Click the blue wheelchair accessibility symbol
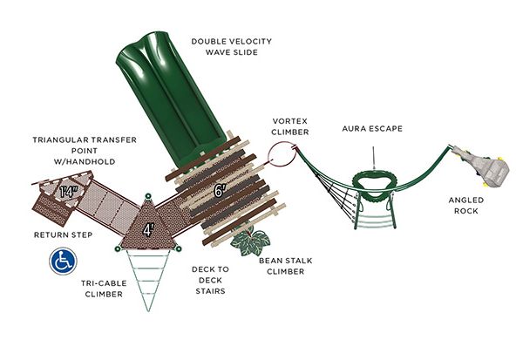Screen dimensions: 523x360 click(63, 262)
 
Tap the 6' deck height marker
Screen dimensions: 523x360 click(219, 191)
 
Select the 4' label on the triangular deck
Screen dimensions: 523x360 click(148, 230)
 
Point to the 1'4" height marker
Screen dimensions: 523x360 click(68, 192)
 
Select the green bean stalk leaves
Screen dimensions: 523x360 click(250, 242)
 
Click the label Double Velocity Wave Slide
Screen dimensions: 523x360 click(232, 47)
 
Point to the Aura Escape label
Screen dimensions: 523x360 click(372, 128)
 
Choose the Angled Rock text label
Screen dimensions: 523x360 click(466, 206)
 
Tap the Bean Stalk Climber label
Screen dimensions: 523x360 click(286, 266)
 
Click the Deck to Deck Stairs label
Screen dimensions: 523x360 click(210, 281)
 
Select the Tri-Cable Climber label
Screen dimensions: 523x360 click(104, 289)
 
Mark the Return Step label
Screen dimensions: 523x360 click(63, 234)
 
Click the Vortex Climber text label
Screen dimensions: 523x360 click(290, 126)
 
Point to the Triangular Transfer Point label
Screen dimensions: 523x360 click(85, 151)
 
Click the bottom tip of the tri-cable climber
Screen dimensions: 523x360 click(148, 310)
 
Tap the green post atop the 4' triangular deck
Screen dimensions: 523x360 click(148, 196)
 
